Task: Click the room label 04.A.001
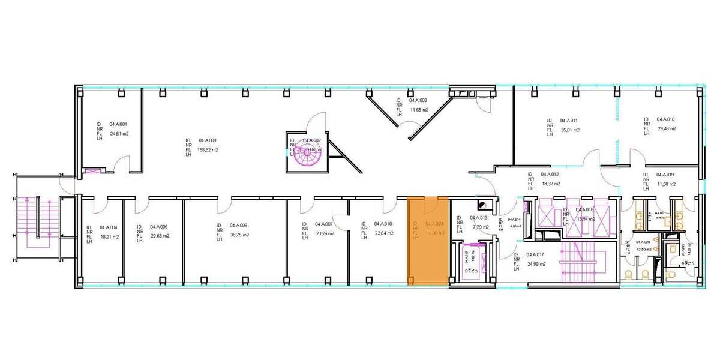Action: (119, 124)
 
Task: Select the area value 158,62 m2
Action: (208, 149)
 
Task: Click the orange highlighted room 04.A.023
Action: (428, 240)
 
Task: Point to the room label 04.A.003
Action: (418, 101)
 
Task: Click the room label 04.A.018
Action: (666, 119)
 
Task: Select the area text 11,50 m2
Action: (666, 184)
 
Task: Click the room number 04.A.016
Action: (584, 209)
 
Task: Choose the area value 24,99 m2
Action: (536, 263)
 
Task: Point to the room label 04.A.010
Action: (383, 224)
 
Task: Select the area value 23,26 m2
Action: (325, 233)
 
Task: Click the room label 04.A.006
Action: (238, 226)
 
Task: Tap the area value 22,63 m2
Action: (160, 236)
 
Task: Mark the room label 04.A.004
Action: (109, 227)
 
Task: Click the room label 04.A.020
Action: (643, 242)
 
